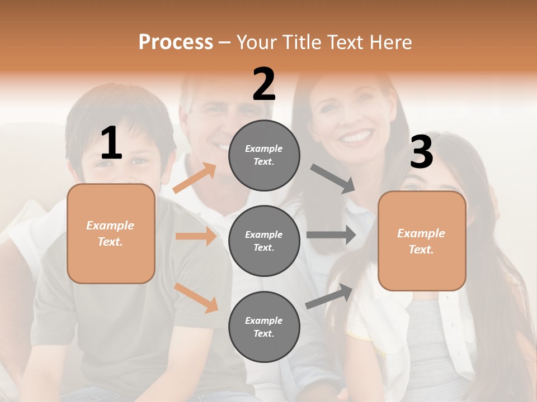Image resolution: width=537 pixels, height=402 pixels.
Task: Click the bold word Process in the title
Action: click(176, 42)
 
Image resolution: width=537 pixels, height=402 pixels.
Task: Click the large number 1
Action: click(111, 144)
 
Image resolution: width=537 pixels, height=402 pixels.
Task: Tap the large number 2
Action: click(264, 84)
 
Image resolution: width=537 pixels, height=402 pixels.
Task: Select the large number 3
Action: click(421, 152)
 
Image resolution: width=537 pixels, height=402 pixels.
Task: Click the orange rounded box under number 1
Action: click(111, 233)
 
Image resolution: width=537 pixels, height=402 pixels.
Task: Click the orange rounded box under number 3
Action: click(422, 241)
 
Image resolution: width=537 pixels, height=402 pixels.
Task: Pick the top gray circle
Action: click(264, 155)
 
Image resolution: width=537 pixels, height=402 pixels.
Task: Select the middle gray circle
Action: click(264, 241)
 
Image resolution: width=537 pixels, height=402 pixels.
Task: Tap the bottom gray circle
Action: click(264, 327)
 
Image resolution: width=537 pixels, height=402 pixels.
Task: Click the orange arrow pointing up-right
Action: click(195, 178)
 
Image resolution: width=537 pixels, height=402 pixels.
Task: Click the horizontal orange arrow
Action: click(196, 236)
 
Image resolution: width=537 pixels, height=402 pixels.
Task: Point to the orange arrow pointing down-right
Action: click(196, 298)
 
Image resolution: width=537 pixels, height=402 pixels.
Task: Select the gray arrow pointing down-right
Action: click(333, 179)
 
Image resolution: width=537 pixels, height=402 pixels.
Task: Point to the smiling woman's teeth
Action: click(356, 136)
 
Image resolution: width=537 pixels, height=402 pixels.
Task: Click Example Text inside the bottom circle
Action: click(263, 327)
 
